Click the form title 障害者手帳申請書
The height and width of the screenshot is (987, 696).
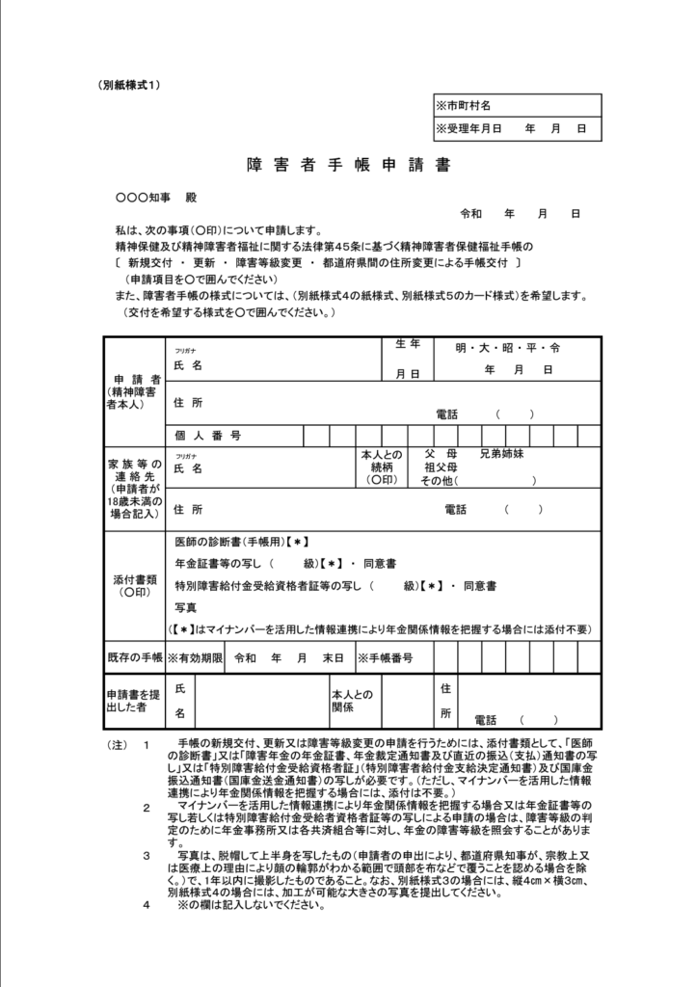[348, 165]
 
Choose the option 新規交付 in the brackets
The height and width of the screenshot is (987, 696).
[147, 262]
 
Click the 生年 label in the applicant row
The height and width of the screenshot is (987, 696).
[408, 344]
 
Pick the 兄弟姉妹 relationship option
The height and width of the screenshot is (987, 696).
[501, 453]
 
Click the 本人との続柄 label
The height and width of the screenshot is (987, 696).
[381, 467]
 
